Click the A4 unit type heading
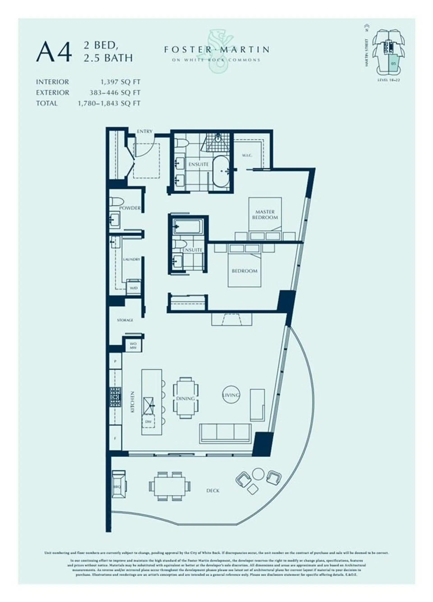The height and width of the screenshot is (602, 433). coord(54,52)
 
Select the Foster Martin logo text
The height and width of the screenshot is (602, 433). coord(216,49)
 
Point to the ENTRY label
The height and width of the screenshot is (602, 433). coord(145,131)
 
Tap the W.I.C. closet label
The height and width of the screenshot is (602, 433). coord(247,155)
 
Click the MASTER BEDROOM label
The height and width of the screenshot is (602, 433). coord(265,215)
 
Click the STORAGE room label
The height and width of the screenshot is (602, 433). coord(125,320)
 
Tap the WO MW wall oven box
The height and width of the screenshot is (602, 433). coord(133,345)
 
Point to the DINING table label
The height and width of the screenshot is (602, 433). coord(185,398)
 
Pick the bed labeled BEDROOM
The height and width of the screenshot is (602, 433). coord(244,271)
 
